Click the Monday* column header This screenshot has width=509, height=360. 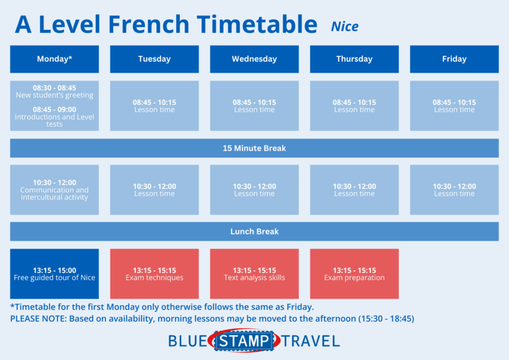(x=55, y=59)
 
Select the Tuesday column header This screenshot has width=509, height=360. (x=155, y=59)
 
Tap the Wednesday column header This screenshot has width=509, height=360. (x=254, y=59)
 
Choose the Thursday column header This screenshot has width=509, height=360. (x=354, y=59)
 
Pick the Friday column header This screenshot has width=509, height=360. (x=454, y=59)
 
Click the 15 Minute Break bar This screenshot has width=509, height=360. (x=254, y=148)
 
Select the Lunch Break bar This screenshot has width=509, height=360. (x=254, y=232)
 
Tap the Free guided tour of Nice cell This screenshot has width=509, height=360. (x=55, y=274)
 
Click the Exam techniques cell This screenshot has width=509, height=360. (x=155, y=274)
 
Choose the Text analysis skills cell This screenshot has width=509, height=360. (x=254, y=274)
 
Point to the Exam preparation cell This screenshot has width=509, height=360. (x=354, y=274)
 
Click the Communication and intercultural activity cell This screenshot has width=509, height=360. (x=55, y=190)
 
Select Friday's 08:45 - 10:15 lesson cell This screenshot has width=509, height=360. (x=454, y=106)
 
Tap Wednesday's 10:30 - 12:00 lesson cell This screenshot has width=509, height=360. (x=254, y=190)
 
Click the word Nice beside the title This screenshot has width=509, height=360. (x=345, y=26)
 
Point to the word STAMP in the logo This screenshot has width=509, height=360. (x=244, y=341)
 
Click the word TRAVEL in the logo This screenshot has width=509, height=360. (x=311, y=341)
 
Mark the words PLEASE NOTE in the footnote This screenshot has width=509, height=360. (x=38, y=319)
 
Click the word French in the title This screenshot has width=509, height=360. (x=149, y=25)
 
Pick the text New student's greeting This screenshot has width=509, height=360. (x=55, y=95)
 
